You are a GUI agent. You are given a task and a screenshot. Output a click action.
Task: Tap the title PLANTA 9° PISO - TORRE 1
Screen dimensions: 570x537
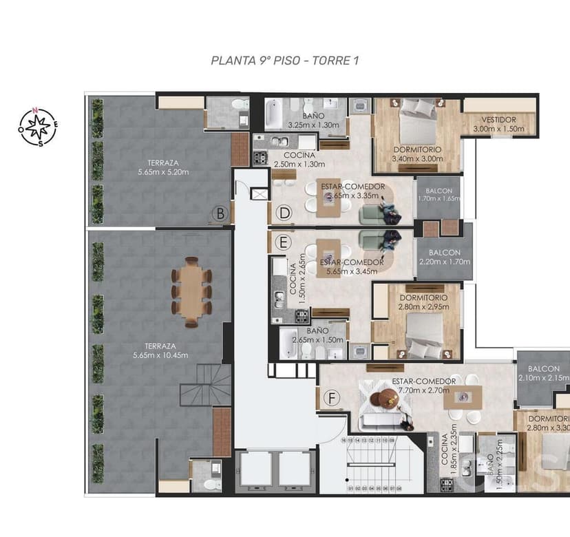pos(285,61)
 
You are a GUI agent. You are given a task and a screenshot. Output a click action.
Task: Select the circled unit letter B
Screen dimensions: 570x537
pos(220,214)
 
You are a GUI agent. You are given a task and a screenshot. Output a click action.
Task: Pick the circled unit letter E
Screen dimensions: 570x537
pos(283,243)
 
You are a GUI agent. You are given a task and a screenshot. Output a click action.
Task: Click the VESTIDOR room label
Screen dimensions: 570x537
pos(498,124)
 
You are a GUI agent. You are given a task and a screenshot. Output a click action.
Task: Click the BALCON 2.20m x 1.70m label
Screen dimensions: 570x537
pos(445,257)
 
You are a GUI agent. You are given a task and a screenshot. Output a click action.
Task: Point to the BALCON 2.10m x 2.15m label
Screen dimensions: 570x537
pos(542,373)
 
